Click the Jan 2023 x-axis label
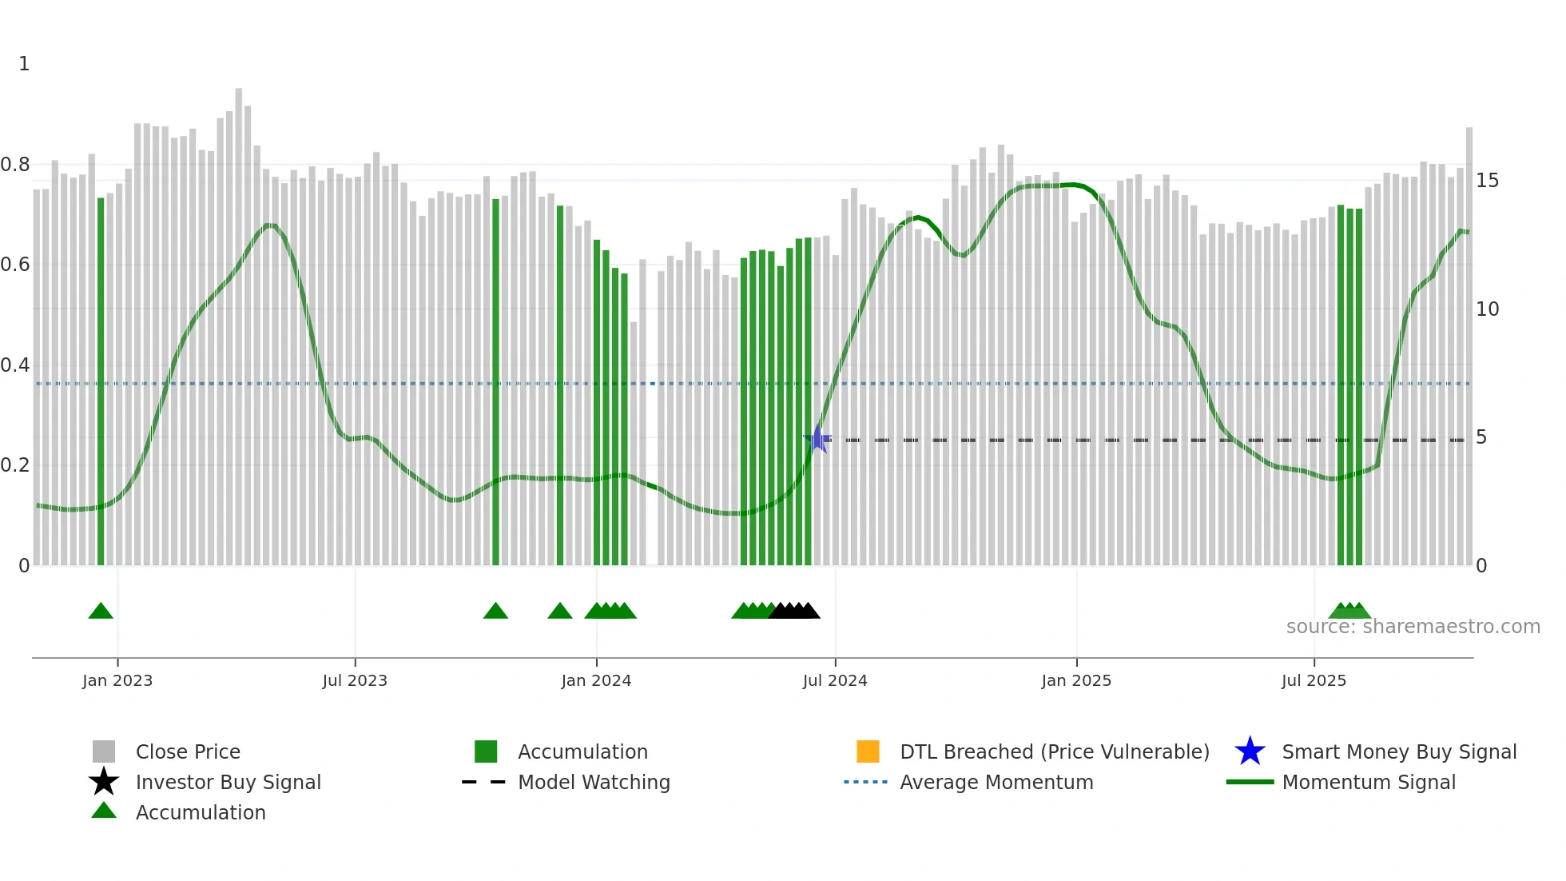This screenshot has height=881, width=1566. pos(117,680)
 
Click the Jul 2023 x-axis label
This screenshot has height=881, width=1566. pos(355,680)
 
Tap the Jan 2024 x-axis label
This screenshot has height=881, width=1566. pos(596,680)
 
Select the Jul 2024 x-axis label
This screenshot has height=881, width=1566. pos(835,680)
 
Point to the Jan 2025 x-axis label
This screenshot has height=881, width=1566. pos(1076,680)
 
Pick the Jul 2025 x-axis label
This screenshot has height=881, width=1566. pos(1314,680)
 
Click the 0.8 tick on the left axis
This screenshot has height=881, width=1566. pos(15,165)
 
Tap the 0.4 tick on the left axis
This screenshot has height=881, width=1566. pos(15,365)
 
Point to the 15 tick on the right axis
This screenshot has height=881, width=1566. pos(1487,181)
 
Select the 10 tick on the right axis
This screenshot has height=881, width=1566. pos(1487,309)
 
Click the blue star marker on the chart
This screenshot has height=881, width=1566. pos(817,439)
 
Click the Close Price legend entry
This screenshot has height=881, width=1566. pos(188,751)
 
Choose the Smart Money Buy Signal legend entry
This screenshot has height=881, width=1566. pos(1398,751)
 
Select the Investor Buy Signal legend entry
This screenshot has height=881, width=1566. pos(228,782)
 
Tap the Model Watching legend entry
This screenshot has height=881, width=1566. pos(594,782)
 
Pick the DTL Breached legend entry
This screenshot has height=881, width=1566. pos(1054,751)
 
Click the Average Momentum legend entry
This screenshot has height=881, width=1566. pos(996,782)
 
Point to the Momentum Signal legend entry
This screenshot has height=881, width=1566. pos(1368,782)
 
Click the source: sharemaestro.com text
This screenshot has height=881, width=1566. pos(1413,627)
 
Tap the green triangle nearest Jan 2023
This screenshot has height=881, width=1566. pos(101,612)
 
